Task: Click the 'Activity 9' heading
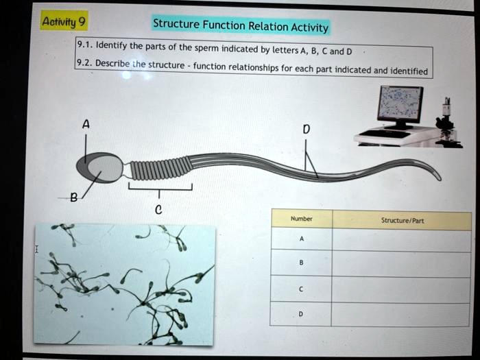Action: click(62, 22)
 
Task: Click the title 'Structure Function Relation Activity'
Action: click(241, 26)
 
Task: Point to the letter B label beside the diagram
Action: click(73, 198)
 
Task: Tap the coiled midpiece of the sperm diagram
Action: click(158, 167)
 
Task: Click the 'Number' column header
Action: click(302, 219)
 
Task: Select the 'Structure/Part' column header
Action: click(402, 220)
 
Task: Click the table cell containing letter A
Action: click(302, 239)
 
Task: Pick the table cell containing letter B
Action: click(302, 264)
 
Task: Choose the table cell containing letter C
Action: click(302, 289)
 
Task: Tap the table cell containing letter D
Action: click(302, 314)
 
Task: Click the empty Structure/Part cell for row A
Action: click(402, 240)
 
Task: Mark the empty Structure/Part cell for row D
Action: click(402, 314)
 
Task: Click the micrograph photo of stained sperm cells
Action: click(124, 283)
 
